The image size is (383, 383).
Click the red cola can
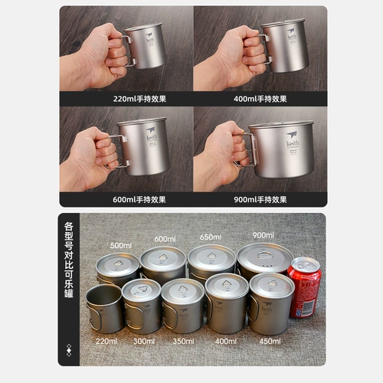tap(304, 287)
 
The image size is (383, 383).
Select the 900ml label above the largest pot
tap(263, 235)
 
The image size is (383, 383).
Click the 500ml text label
tap(121, 246)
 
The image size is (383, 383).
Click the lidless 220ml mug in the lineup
tap(104, 309)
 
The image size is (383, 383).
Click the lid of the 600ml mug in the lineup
tap(163, 256)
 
